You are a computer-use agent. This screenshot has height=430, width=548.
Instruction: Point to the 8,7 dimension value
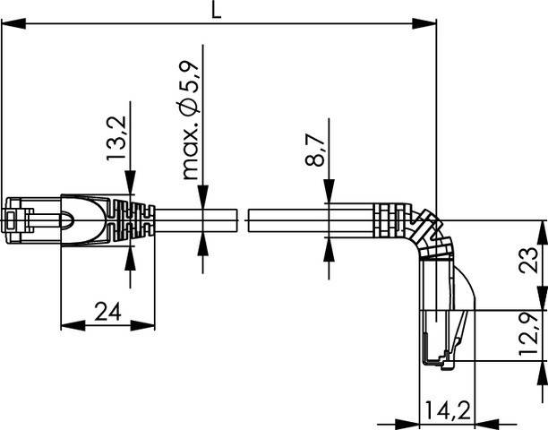click(x=313, y=149)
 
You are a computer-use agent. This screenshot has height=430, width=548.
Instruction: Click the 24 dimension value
click(x=107, y=313)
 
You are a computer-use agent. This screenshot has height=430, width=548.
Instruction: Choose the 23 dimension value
click(x=529, y=262)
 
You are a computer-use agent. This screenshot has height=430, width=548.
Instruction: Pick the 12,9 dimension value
click(x=529, y=334)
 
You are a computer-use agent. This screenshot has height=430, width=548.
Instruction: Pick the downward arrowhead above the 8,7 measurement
click(x=328, y=196)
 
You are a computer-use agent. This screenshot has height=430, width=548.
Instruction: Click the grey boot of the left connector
click(x=86, y=219)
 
